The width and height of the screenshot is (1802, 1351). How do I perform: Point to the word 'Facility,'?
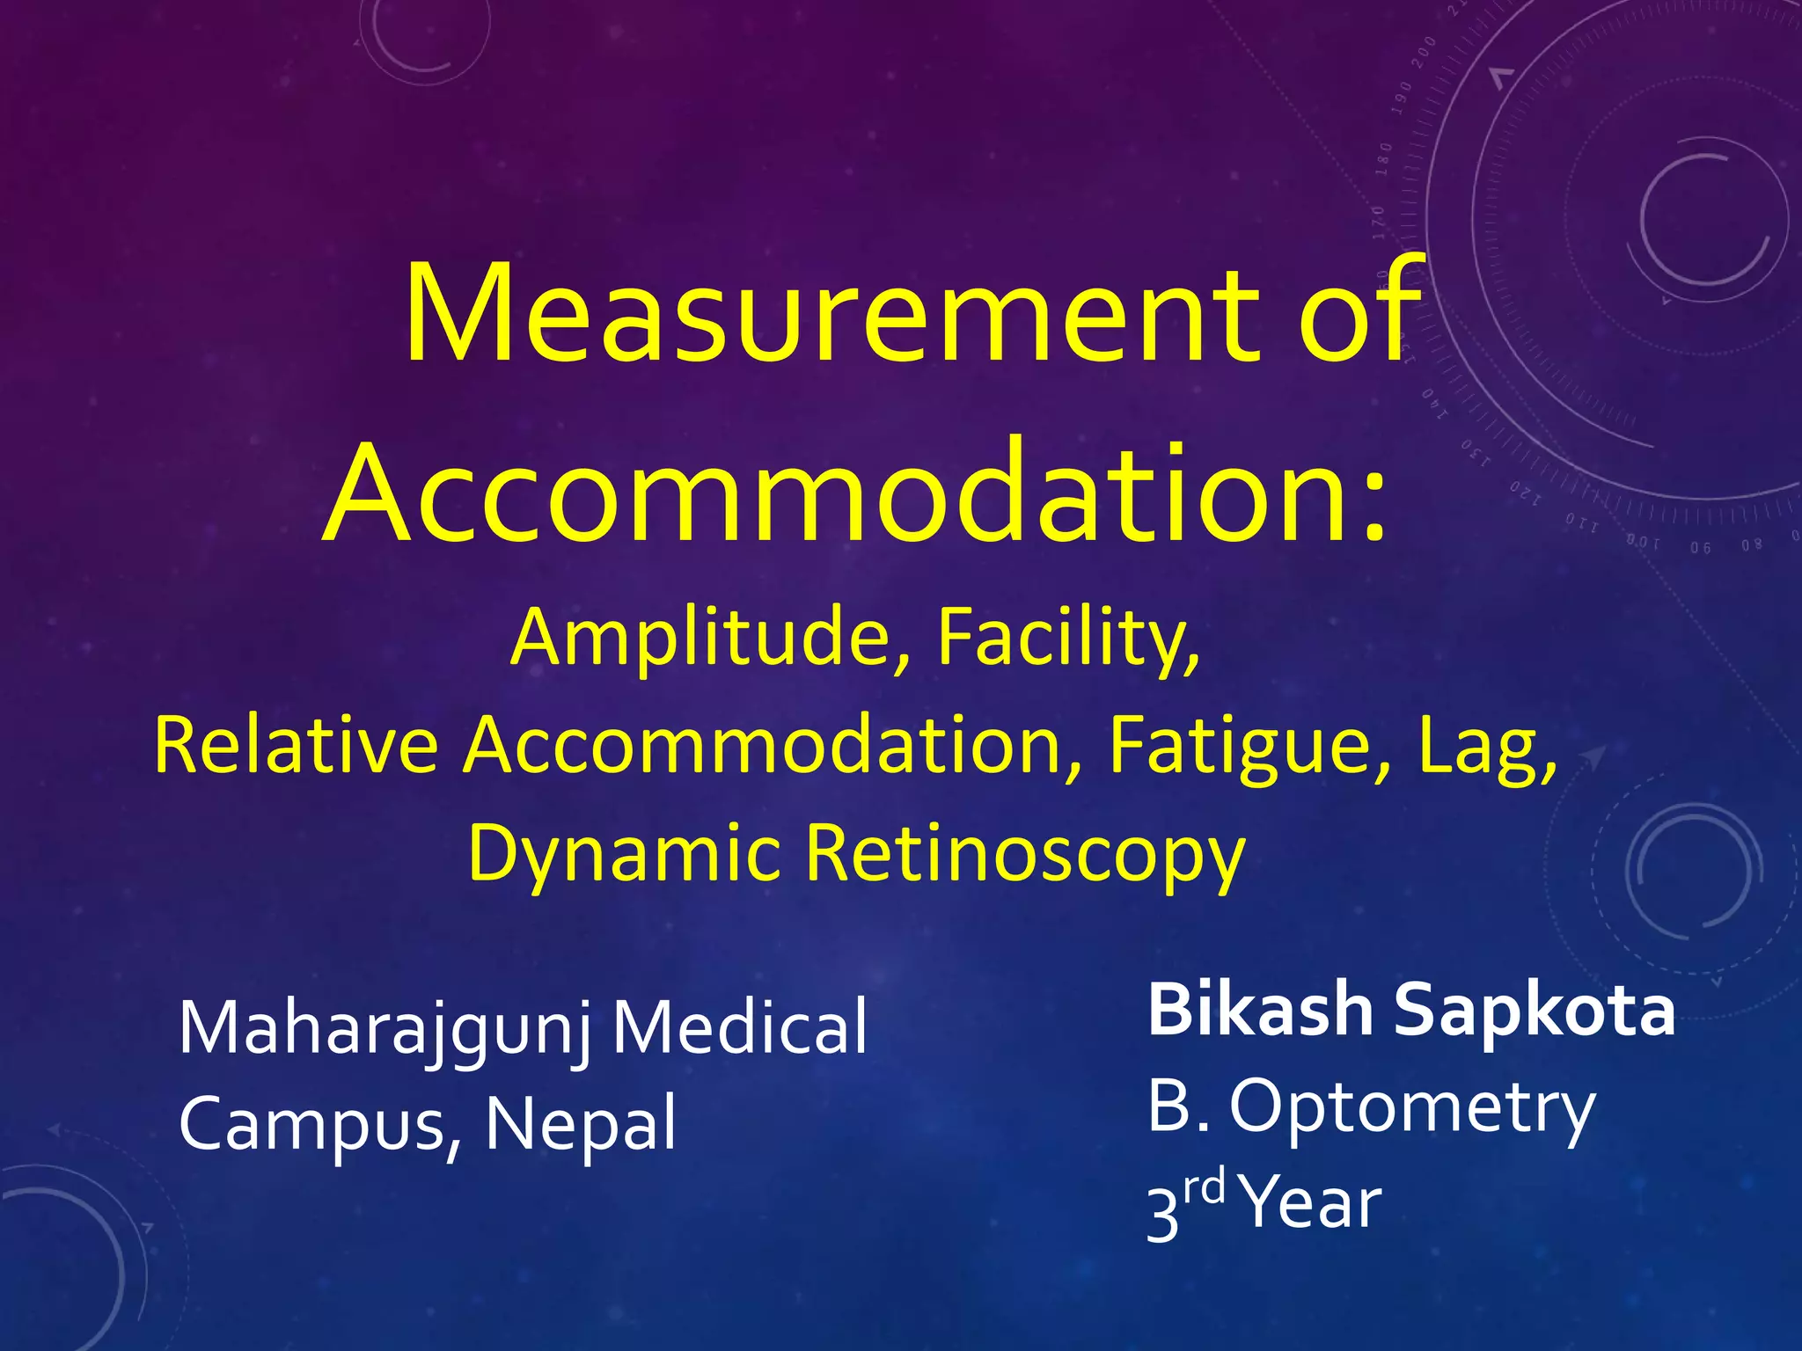[1067, 637]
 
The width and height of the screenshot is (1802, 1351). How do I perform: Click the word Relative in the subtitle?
[297, 745]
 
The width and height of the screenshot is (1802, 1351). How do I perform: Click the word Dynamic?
[624, 854]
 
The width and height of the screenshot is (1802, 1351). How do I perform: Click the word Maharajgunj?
[385, 1029]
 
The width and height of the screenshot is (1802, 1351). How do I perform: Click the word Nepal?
[582, 1124]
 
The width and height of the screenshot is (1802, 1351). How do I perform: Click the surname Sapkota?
[1535, 1011]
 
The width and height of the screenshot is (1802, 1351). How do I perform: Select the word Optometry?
[1411, 1108]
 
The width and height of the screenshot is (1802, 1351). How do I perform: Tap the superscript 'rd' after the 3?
[1204, 1187]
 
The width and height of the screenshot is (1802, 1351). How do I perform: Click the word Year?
[1314, 1204]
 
